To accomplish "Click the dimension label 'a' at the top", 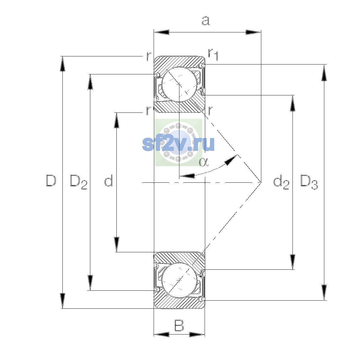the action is (x=206, y=21).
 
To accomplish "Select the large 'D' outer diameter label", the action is (x=51, y=181).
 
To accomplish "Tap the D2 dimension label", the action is (x=79, y=182).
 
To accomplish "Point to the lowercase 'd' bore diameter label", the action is (x=109, y=181).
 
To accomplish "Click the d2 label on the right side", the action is (x=281, y=182).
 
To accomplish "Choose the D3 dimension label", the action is (x=309, y=182).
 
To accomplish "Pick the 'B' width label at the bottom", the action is (x=179, y=325).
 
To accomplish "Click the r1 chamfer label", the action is (x=213, y=54).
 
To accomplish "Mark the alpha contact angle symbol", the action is (x=203, y=162).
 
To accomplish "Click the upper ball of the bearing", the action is (x=179, y=84).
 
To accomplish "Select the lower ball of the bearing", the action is (x=179, y=280).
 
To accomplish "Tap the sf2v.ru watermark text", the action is (x=178, y=144).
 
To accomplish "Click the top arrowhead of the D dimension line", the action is (x=63, y=64).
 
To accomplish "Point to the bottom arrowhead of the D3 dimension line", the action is (x=324, y=292).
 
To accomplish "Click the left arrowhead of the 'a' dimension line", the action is (x=161, y=32).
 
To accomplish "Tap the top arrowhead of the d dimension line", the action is (x=117, y=120).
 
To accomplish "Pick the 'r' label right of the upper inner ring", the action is (x=210, y=111).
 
